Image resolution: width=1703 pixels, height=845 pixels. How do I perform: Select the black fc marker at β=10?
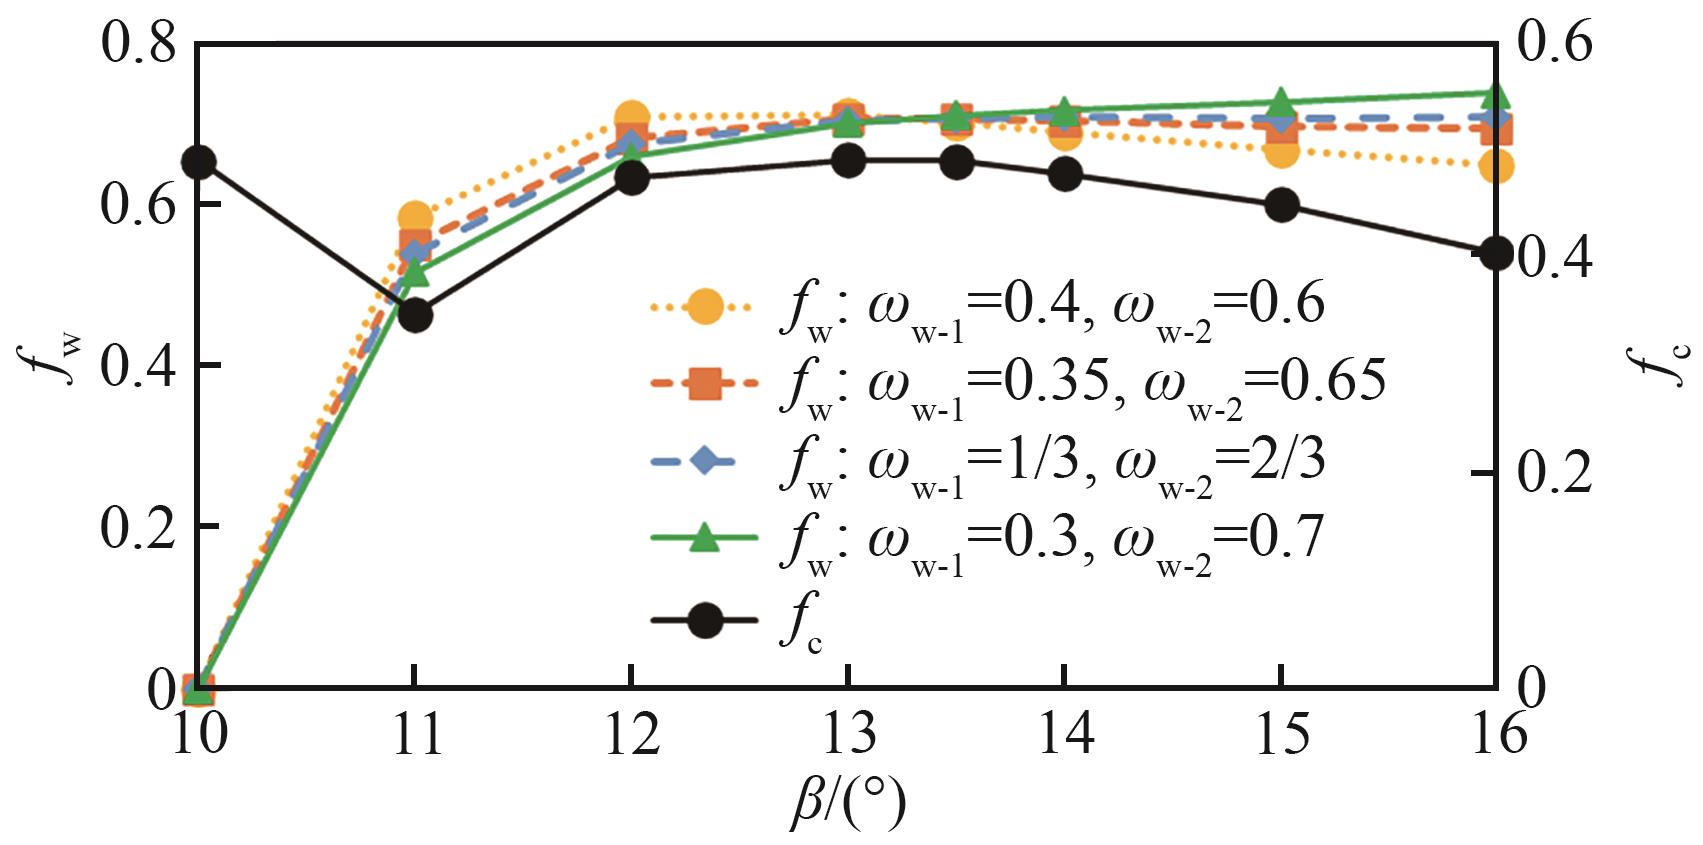pos(198,162)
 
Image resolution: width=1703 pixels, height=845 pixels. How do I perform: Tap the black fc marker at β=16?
pos(1496,253)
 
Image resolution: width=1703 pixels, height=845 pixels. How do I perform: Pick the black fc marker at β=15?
pos(1281,206)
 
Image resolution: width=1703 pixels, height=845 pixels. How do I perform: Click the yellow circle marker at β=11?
pos(415,218)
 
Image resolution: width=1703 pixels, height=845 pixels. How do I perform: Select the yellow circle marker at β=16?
pos(1496,166)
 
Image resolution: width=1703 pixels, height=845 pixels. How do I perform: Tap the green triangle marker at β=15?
pos(1281,104)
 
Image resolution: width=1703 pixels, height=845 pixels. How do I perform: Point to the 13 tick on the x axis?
pos(848,735)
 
